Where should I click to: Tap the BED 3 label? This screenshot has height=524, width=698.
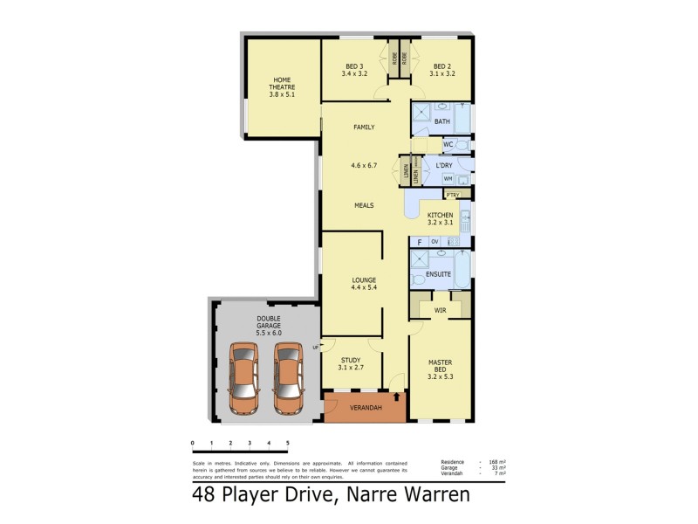tap(354, 66)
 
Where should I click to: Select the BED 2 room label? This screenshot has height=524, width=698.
tap(442, 66)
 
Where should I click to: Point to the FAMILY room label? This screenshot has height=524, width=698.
tap(364, 128)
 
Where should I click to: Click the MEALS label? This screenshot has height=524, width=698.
tap(364, 205)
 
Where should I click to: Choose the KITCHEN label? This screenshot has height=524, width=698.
tap(440, 215)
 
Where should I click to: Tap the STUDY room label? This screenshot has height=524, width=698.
tap(350, 359)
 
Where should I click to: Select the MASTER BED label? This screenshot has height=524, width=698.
tap(440, 366)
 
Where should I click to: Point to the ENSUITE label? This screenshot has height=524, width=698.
tap(439, 274)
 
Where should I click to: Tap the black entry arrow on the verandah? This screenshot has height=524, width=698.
tap(398, 396)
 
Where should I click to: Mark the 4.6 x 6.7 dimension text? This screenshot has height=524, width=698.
tap(364, 166)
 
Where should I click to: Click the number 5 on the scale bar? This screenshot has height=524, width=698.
tap(287, 444)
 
